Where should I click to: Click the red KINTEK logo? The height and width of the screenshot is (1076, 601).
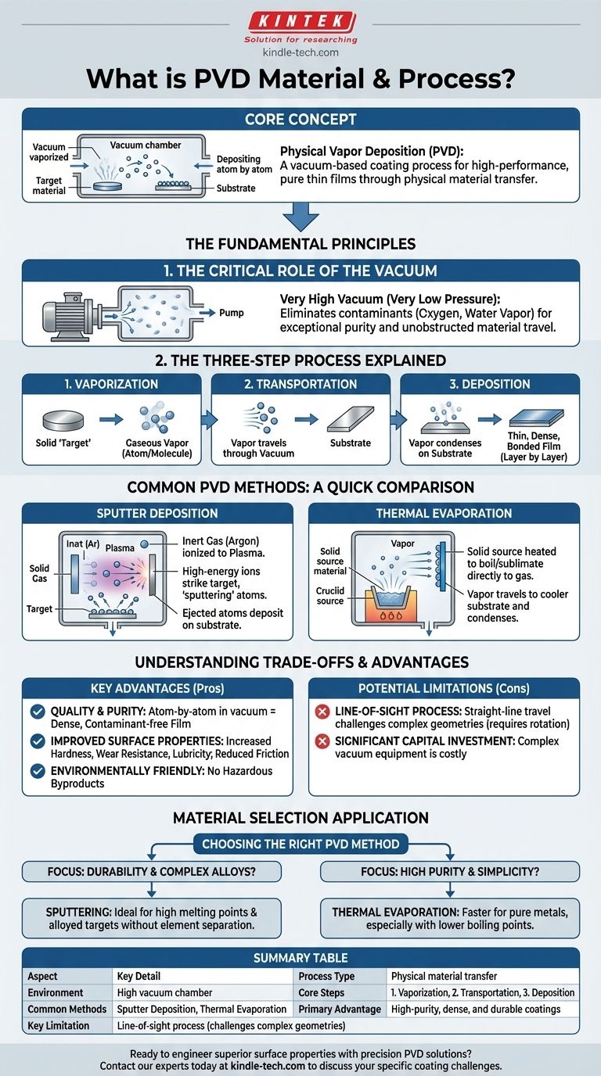(302, 22)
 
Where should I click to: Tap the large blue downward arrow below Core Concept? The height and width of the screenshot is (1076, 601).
(301, 217)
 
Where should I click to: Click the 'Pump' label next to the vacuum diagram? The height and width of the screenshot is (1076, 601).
(232, 313)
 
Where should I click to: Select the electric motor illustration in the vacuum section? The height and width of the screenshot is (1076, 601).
(68, 315)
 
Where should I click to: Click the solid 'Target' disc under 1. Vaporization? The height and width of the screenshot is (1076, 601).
(63, 421)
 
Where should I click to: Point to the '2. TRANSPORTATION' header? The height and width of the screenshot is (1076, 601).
(300, 384)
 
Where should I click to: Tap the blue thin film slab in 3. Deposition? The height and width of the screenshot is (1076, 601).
(536, 418)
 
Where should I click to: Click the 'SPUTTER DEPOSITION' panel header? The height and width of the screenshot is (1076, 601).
(157, 514)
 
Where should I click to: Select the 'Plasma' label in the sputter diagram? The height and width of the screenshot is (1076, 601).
(120, 548)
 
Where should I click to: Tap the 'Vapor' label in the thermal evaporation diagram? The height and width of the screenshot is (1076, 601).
(402, 543)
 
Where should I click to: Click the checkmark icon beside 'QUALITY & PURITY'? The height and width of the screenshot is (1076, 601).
(38, 712)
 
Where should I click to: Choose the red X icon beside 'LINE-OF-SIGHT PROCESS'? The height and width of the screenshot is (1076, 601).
(322, 712)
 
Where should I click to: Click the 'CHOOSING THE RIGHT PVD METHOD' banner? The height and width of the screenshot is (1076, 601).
(300, 844)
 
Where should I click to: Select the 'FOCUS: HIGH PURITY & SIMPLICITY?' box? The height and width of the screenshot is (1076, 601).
(450, 871)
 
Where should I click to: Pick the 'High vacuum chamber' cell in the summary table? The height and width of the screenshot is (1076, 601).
(164, 992)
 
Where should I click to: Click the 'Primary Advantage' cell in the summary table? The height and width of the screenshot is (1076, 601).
(340, 1009)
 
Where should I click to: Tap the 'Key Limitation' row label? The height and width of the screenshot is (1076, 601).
(58, 1026)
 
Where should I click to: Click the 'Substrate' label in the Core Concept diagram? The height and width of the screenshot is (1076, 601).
(236, 188)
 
